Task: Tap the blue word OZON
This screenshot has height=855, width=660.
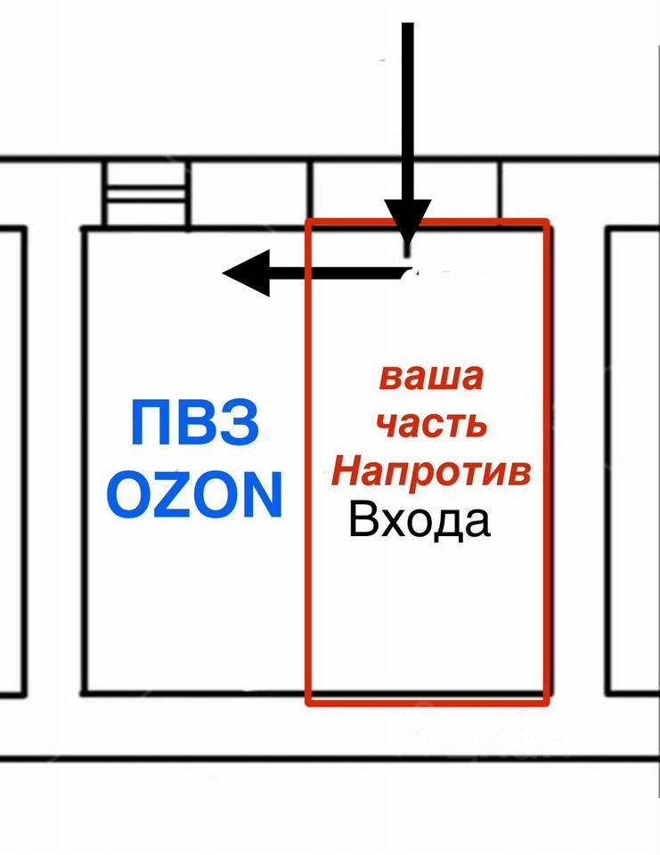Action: click(x=195, y=495)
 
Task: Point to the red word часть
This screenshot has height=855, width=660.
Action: click(x=432, y=423)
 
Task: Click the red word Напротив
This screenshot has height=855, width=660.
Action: click(x=432, y=470)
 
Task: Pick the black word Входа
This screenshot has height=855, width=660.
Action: click(x=420, y=520)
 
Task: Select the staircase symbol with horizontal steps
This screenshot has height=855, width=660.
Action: click(x=144, y=193)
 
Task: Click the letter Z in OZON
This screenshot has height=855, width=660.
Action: click(x=174, y=495)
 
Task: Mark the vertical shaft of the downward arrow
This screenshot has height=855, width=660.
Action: click(x=408, y=107)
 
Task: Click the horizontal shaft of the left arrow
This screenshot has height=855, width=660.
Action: click(x=338, y=272)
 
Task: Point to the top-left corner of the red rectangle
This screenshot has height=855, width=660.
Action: click(x=308, y=221)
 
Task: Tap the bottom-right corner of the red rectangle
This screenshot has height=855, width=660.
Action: click(x=545, y=704)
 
